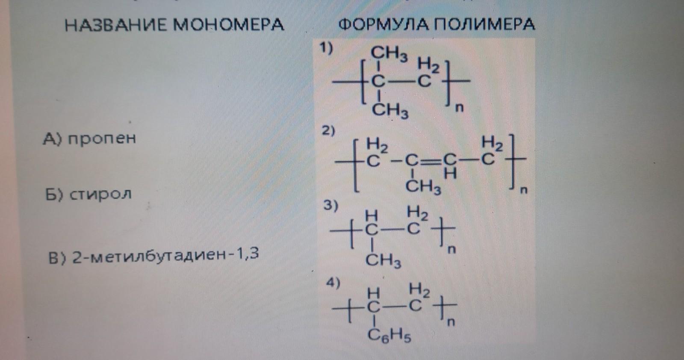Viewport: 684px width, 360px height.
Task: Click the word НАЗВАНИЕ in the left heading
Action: (116, 25)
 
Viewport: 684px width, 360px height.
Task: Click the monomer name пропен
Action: (102, 139)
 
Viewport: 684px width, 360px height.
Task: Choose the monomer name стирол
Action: (100, 195)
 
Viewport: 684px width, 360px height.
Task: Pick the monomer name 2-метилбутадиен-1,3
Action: (165, 255)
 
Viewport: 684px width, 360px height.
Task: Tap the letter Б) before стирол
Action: (54, 195)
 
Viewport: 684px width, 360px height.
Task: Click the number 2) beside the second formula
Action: (328, 130)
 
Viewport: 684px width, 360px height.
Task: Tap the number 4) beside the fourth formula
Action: (333, 283)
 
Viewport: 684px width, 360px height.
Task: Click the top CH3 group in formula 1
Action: (389, 54)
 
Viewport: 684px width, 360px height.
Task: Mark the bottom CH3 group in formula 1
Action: (390, 110)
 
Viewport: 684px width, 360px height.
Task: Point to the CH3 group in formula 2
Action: (423, 187)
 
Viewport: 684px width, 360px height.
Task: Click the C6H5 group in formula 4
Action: (389, 336)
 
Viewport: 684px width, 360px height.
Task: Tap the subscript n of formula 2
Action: (524, 190)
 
